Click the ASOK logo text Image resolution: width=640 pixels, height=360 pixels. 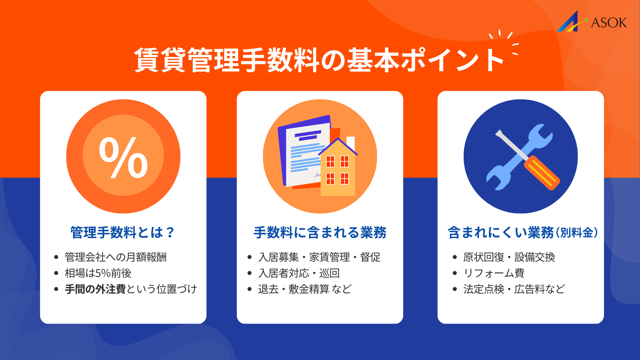pyautogui.click(x=609, y=23)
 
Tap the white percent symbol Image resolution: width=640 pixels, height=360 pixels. pyautogui.click(x=123, y=157)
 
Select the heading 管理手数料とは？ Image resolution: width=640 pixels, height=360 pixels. pyautogui.click(x=122, y=232)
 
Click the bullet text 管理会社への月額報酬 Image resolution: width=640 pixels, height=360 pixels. pyautogui.click(x=115, y=257)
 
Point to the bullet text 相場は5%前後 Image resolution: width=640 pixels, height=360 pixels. pyautogui.click(x=98, y=273)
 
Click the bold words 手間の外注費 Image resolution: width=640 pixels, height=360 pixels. pyautogui.click(x=95, y=289)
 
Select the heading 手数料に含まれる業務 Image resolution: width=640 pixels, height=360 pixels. pyautogui.click(x=320, y=232)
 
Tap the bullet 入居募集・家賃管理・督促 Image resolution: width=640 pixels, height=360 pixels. pyautogui.click(x=319, y=257)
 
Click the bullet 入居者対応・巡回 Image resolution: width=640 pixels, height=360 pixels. pyautogui.click(x=299, y=273)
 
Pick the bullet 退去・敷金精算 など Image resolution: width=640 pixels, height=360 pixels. pyautogui.click(x=305, y=289)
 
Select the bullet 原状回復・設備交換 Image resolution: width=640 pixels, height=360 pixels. pyautogui.click(x=509, y=257)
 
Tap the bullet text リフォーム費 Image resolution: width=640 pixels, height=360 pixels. pyautogui.click(x=494, y=273)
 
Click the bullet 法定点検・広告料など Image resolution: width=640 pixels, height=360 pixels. pyautogui.click(x=514, y=289)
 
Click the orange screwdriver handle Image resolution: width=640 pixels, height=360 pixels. pyautogui.click(x=542, y=173)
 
